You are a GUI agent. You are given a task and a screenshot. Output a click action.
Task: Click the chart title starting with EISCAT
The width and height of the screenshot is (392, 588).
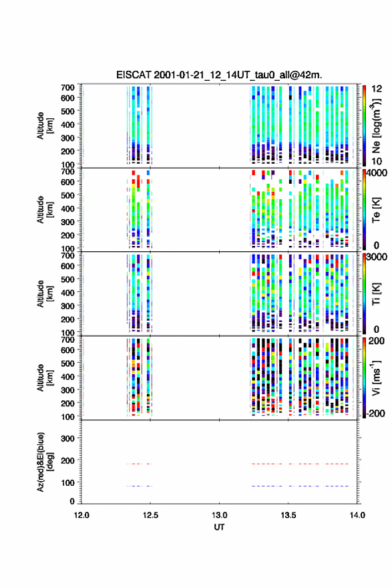pos(219,75)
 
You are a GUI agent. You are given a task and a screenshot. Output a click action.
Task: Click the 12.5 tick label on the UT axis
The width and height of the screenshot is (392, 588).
pos(150,515)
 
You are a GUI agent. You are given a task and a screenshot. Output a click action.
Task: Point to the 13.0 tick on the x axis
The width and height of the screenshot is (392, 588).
pos(219,515)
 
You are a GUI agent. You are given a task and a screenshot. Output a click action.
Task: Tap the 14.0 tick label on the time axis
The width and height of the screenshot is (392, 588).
pos(357,515)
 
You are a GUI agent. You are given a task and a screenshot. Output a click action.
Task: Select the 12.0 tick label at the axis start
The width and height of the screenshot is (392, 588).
pos(81,515)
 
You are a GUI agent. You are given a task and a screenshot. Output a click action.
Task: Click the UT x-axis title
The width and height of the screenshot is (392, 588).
pos(219,527)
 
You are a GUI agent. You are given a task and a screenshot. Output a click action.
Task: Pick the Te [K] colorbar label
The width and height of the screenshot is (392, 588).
pos(376,210)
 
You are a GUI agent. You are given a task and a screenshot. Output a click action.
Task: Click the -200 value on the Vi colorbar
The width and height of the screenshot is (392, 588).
pos(375,413)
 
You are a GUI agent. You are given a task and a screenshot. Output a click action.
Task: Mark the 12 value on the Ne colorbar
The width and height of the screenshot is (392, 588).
pos(377,89)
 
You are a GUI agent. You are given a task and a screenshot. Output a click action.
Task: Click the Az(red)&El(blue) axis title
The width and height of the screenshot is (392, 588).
pos(44,462)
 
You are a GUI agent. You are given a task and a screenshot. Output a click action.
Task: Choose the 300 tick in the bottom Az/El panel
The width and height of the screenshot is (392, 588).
pos(67,438)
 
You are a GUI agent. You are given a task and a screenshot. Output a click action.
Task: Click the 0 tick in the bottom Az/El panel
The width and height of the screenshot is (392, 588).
pos(72,501)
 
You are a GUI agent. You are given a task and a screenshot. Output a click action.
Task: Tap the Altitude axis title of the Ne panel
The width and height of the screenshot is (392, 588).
pos(44,126)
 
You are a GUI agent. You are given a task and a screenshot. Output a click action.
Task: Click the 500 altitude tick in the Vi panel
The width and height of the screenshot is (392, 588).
pos(67,363)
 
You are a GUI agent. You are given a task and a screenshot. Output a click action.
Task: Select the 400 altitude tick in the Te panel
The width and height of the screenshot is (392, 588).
pos(67,208)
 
